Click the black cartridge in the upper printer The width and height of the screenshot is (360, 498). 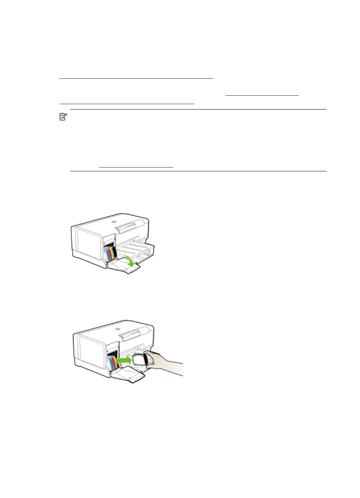point(115,252)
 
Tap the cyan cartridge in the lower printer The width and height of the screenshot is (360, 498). point(110,363)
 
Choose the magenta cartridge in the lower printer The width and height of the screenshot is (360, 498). point(113,362)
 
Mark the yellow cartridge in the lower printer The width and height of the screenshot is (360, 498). point(115,361)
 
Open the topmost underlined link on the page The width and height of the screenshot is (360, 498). point(136,77)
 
